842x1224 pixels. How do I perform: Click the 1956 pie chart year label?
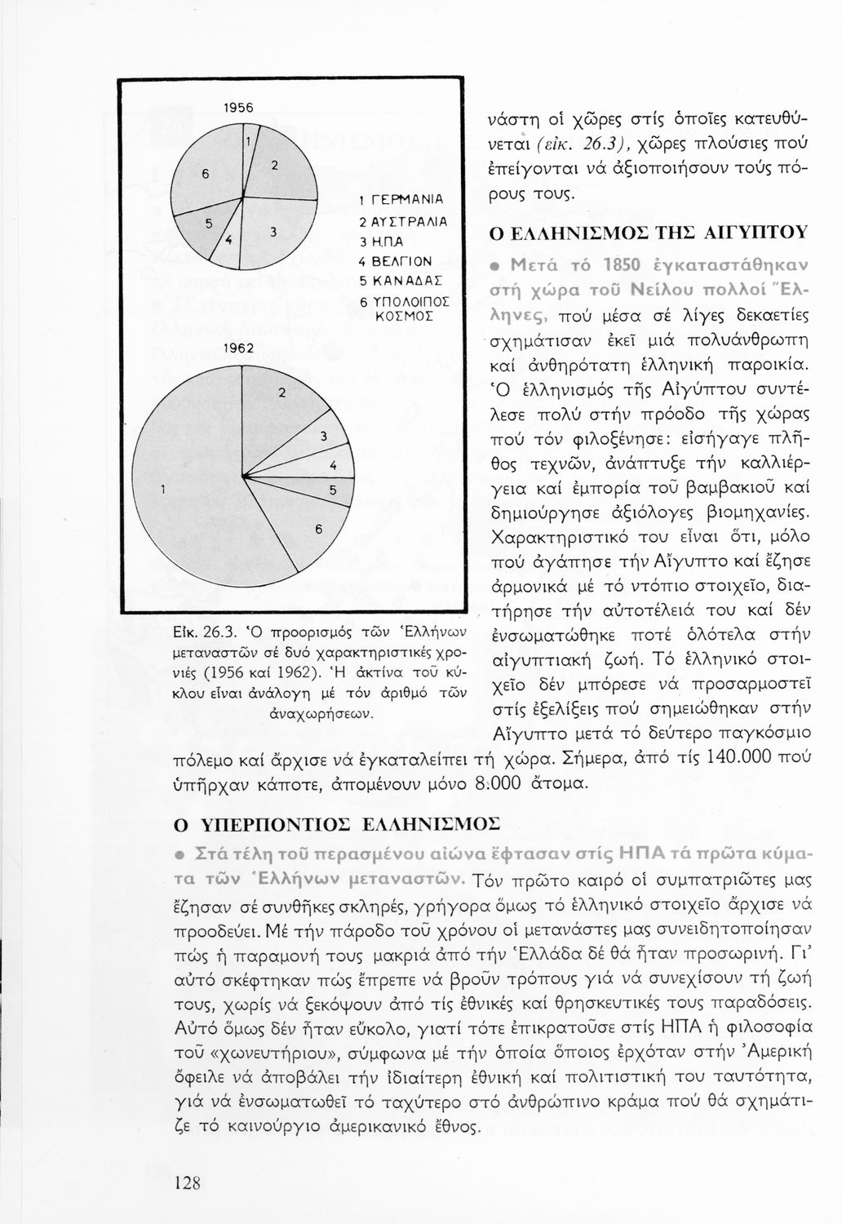(x=239, y=107)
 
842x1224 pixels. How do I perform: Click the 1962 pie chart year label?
(x=239, y=348)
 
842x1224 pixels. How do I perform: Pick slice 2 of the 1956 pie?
(x=277, y=166)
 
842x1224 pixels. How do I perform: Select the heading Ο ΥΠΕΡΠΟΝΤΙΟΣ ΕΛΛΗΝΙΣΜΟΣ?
(x=335, y=824)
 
